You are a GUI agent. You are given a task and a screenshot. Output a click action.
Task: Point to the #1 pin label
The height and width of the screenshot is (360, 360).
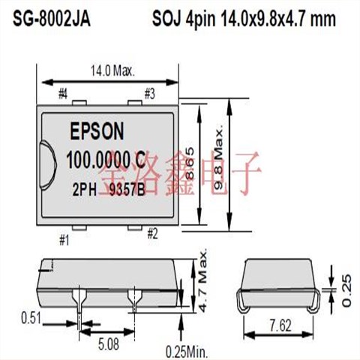tap(64, 240)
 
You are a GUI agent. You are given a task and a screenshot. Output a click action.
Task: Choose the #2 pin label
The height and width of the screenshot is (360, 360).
tap(151, 233)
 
